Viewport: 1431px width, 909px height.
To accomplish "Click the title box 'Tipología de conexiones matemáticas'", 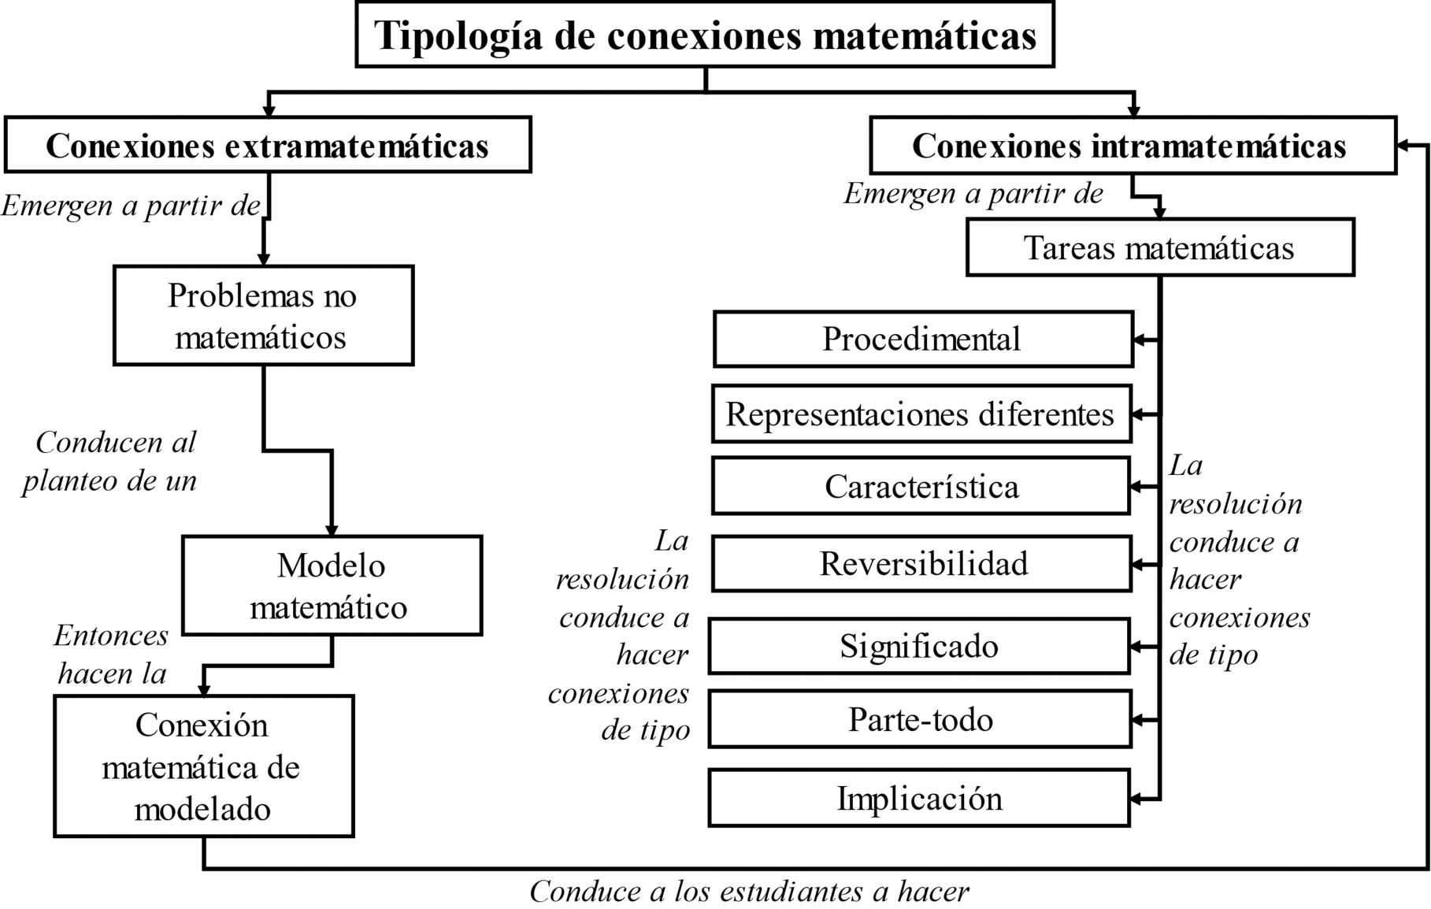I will (x=705, y=35).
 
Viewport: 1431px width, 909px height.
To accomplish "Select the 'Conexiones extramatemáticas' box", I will (x=268, y=145).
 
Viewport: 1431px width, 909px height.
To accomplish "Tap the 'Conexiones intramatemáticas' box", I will (x=1132, y=146).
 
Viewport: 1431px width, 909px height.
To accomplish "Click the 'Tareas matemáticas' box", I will (x=1159, y=248).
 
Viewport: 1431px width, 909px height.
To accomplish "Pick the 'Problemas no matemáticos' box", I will (x=263, y=316).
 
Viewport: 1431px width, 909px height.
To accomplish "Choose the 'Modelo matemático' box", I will (x=331, y=586).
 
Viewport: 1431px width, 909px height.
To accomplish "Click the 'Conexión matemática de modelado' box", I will (x=203, y=766).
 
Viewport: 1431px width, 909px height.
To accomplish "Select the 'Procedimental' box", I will (x=922, y=339).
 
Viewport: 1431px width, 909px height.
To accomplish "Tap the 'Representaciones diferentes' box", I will (x=921, y=414).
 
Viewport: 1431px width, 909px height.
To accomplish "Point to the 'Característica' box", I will (x=921, y=487).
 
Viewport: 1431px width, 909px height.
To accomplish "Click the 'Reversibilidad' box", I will (x=922, y=564).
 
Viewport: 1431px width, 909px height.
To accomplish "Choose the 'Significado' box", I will (x=919, y=647).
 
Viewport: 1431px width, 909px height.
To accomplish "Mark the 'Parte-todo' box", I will (x=920, y=720).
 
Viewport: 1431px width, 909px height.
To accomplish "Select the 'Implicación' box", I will (x=919, y=799).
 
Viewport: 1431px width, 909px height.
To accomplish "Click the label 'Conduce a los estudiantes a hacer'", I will (x=749, y=892).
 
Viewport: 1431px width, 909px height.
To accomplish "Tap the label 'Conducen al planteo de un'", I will (x=110, y=462).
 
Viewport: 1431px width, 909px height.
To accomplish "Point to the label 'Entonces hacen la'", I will (x=111, y=655).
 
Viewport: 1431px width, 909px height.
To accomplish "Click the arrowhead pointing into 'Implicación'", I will (x=1137, y=799).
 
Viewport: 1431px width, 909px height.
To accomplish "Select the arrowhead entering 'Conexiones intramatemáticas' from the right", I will (x=1403, y=146).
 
